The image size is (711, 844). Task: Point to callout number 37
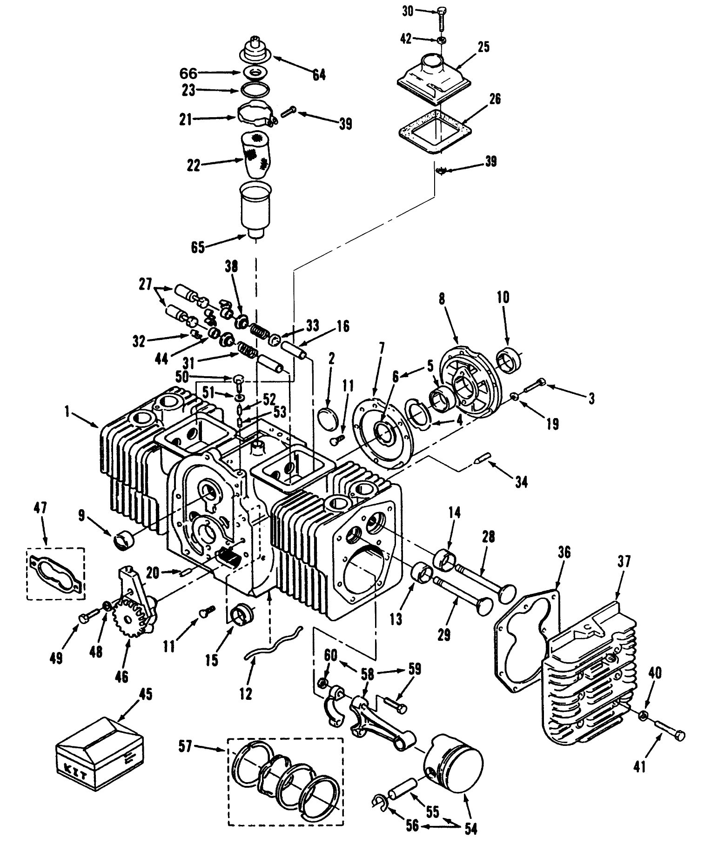pos(624,562)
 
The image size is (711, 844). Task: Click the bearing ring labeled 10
pos(510,360)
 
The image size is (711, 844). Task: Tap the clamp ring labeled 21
pos(255,114)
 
